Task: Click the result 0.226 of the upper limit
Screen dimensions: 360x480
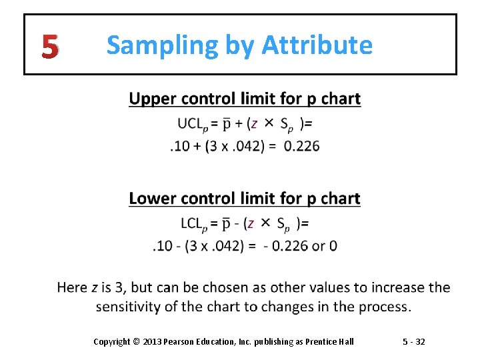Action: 301,146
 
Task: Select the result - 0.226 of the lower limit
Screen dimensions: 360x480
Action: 285,246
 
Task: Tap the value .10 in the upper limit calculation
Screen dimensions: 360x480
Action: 180,146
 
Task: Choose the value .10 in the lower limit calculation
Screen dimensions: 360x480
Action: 163,246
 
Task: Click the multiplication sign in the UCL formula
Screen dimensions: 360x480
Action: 269,123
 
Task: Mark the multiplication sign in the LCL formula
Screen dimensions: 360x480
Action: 265,222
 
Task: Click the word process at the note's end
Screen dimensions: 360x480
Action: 387,307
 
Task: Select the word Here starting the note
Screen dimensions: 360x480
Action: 73,288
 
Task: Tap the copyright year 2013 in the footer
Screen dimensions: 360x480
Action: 151,341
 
